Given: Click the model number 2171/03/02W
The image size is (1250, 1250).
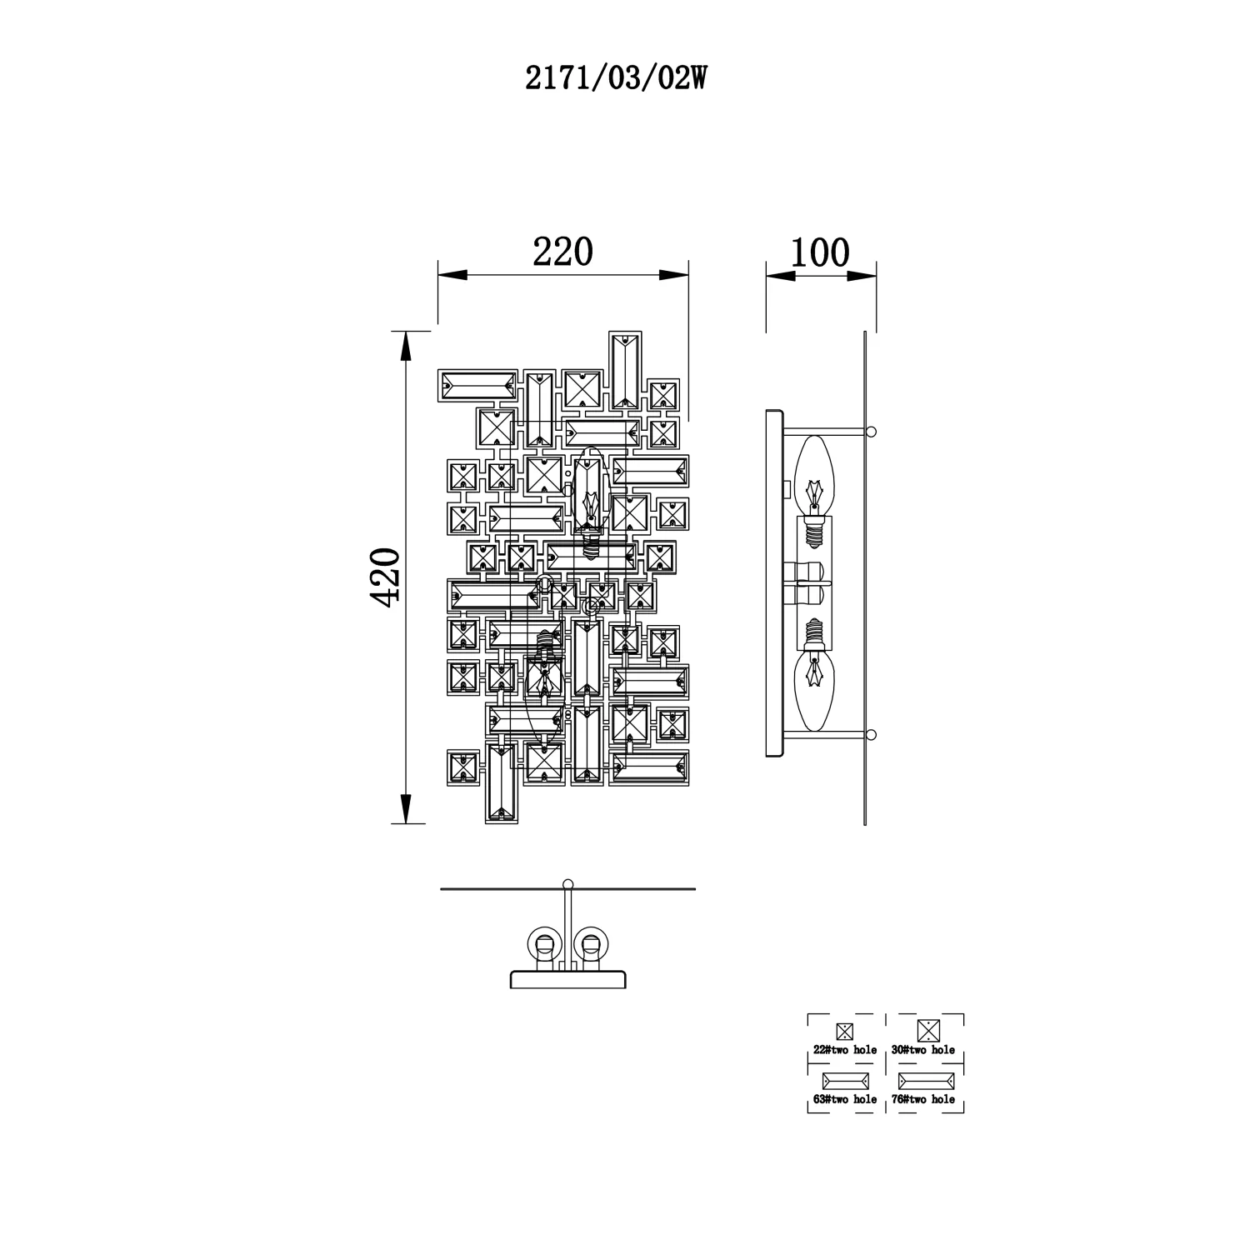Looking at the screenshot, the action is click(x=616, y=78).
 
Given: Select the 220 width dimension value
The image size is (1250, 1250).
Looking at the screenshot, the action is click(x=562, y=252).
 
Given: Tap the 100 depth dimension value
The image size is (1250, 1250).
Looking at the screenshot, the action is click(x=820, y=252).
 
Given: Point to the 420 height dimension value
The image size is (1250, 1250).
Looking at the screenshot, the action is click(x=386, y=577).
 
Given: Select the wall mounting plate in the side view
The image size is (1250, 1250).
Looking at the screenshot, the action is click(x=774, y=582).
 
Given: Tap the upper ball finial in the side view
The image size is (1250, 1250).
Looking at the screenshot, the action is click(x=871, y=432).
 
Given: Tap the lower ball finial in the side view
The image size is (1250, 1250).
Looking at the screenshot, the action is click(x=871, y=734).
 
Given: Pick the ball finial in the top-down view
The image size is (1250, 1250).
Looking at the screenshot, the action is click(x=568, y=884).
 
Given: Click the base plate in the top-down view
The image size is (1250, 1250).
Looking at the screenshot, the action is click(x=568, y=979).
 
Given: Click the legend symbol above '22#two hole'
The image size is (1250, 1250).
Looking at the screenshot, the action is click(x=844, y=1031).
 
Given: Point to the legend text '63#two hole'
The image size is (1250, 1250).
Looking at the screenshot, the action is click(x=845, y=1099).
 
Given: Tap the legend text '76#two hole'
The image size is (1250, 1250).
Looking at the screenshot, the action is click(x=923, y=1099).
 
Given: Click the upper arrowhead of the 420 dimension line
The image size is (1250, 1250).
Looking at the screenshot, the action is click(x=405, y=346).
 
